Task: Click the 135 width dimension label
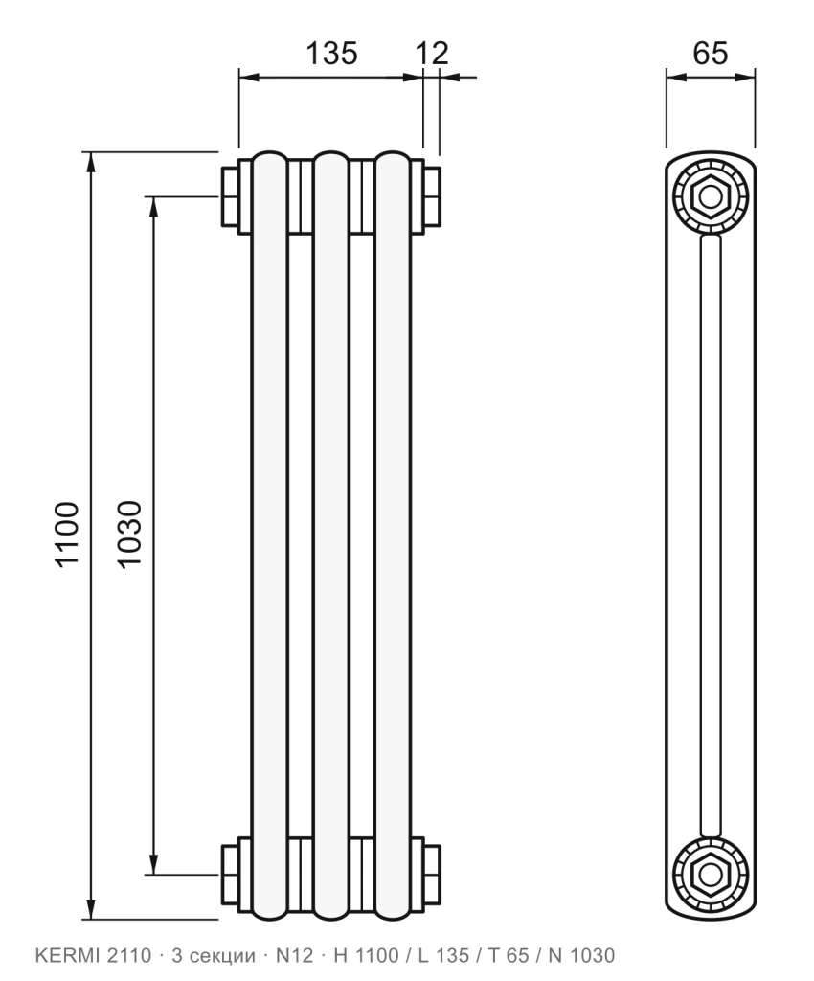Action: (x=331, y=54)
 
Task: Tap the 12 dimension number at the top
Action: (x=432, y=54)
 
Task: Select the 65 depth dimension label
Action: (x=711, y=54)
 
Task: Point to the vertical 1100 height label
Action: (x=68, y=535)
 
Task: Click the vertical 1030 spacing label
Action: (x=130, y=535)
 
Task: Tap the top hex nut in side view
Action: (x=711, y=197)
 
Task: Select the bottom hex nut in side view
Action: (x=711, y=874)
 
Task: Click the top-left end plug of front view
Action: (x=230, y=196)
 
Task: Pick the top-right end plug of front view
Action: (x=432, y=196)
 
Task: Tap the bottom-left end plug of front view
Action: (x=230, y=874)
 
